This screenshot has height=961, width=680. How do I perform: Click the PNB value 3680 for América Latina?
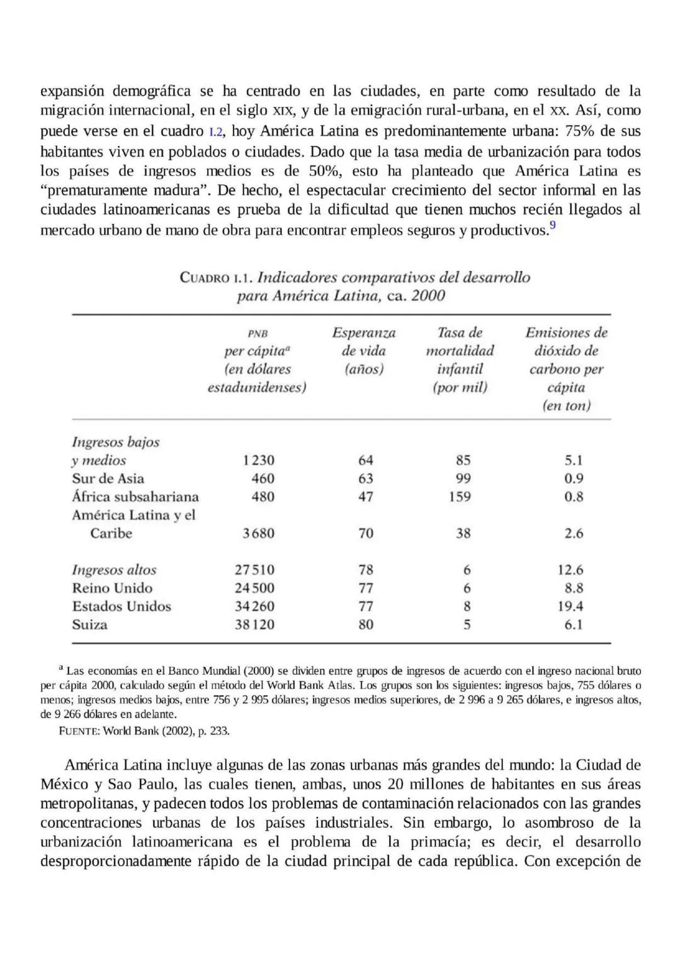258,534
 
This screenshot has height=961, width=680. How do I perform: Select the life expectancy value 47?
366,497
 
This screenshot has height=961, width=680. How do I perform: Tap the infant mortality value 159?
460,497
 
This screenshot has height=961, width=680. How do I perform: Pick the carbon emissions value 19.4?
570,607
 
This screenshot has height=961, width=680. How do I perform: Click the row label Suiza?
89,625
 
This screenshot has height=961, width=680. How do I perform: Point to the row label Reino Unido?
112,588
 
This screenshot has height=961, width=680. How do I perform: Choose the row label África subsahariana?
135,497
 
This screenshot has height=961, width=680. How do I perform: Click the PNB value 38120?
255,625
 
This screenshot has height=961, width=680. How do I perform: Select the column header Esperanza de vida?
364,351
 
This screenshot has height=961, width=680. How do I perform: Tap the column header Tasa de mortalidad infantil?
460,359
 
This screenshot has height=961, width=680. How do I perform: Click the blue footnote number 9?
553,225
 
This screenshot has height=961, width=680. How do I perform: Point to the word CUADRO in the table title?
205,278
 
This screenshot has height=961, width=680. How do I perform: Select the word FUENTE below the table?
79,731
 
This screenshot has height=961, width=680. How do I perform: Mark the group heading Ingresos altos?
114,570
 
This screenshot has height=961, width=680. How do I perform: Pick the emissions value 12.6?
570,570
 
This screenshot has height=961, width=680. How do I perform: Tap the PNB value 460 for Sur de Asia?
263,479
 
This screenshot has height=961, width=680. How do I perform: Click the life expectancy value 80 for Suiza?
366,625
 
